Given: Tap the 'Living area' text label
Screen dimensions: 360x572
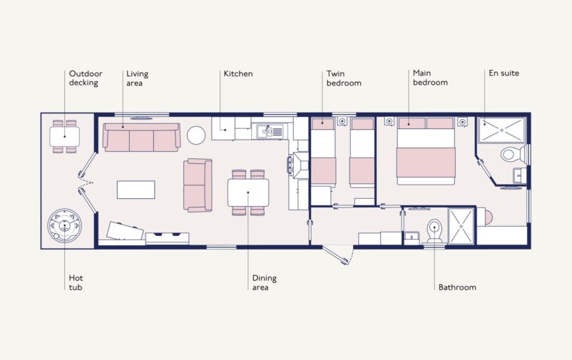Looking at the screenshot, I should (137, 78).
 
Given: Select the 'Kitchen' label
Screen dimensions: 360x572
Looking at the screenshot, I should (238, 73).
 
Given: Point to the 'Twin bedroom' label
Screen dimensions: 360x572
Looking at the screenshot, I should (344, 78).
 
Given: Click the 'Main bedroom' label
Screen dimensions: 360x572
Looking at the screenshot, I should (430, 78).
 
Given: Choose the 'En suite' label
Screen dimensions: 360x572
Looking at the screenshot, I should (504, 73).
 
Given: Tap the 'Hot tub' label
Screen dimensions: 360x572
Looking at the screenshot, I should (76, 282).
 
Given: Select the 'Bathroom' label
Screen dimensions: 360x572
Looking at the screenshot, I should (457, 287).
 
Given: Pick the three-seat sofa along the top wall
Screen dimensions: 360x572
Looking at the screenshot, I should (141, 137).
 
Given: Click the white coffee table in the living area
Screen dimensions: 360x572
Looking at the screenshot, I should (136, 189).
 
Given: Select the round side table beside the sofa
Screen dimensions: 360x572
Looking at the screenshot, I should (196, 134).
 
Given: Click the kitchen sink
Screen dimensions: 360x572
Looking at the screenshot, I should (270, 131).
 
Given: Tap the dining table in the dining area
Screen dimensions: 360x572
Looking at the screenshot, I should (247, 192).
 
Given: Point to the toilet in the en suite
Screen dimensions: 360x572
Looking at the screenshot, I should (511, 154).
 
